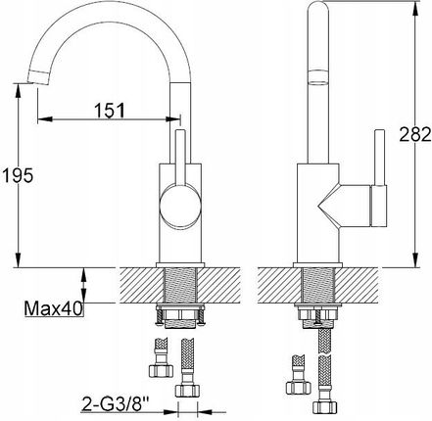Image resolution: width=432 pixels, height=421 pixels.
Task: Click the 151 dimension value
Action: point(110,111)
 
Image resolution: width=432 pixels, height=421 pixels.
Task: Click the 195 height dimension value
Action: point(18,175)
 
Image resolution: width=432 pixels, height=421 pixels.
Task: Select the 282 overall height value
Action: point(415,134)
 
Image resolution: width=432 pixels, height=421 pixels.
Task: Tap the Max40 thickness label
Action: point(54,308)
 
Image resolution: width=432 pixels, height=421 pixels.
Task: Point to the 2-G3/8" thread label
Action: point(115,401)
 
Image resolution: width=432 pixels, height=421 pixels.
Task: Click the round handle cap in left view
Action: point(180,206)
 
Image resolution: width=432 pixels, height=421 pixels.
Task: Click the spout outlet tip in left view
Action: point(39,76)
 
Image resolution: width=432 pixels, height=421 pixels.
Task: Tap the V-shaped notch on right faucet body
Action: point(328,206)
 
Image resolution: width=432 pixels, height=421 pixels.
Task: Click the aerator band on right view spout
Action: point(318,77)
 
